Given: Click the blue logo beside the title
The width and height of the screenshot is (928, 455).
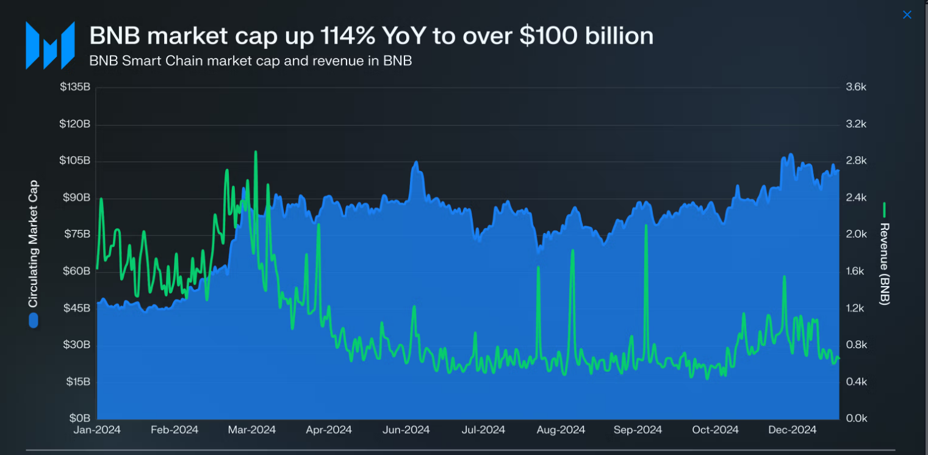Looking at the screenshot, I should tap(50, 45).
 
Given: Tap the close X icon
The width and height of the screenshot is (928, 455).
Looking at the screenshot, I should tap(907, 15).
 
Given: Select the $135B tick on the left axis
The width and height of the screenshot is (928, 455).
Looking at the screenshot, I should tap(75, 87).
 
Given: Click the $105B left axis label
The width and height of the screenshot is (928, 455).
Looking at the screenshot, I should tap(75, 161).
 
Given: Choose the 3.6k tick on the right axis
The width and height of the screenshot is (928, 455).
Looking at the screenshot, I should tap(856, 87).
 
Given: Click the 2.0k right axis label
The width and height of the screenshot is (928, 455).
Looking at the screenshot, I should tap(856, 235).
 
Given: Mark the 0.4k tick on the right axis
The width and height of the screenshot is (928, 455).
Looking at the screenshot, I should tap(856, 382).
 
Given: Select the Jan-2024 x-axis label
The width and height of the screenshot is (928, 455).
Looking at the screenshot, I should tap(98, 430).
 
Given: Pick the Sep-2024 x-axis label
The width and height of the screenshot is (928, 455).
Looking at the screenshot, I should tap(638, 430).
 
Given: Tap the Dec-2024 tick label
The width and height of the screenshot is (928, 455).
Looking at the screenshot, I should tap(792, 430).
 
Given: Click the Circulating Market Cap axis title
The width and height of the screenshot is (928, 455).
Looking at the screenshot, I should tap(34, 244).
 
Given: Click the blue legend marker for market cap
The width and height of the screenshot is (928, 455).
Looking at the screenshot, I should tap(34, 320).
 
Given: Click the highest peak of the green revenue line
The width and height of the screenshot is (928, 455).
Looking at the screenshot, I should tap(256, 152).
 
